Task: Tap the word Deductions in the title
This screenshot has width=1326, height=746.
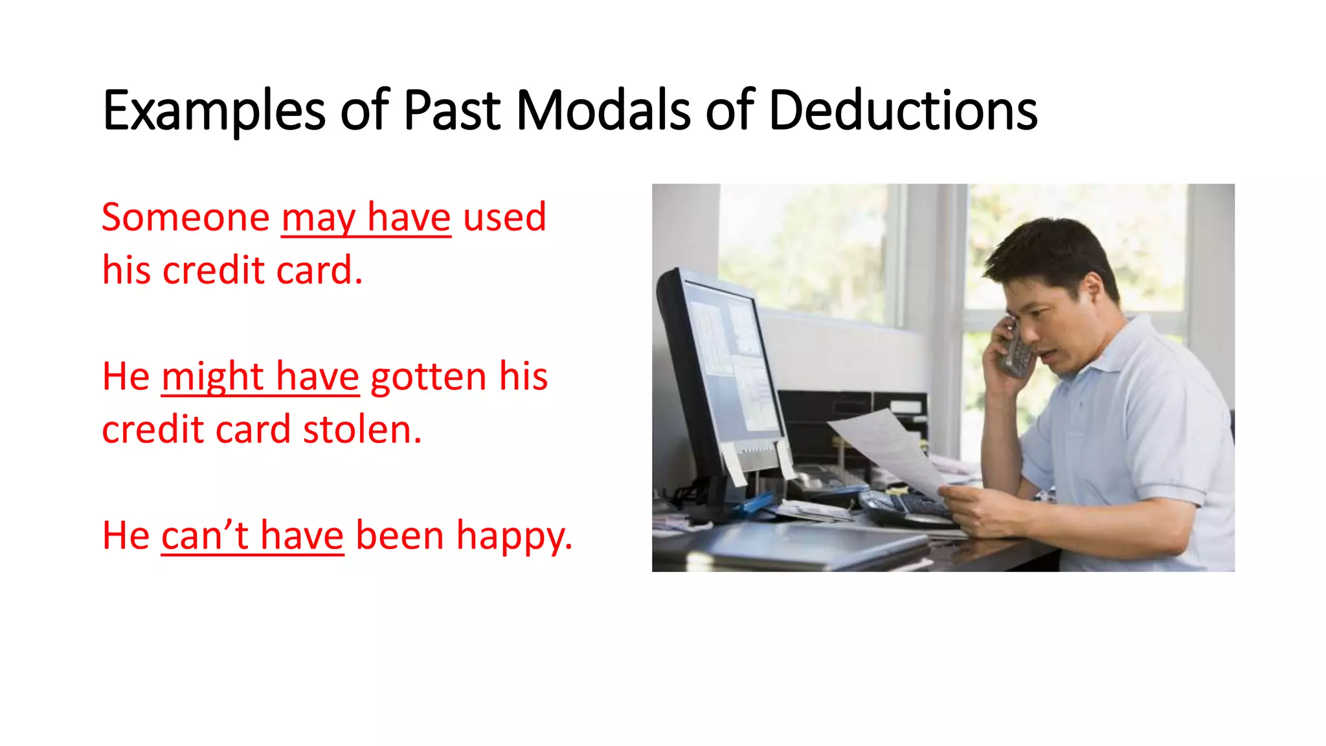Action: click(x=903, y=110)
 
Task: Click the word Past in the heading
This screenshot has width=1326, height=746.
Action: click(x=452, y=110)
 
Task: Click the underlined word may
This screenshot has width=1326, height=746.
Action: click(x=318, y=218)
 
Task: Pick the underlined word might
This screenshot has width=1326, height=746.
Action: click(x=212, y=378)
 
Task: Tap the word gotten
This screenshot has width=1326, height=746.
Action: click(x=428, y=378)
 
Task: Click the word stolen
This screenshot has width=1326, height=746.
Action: click(x=362, y=429)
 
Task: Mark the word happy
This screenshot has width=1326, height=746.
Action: click(x=514, y=537)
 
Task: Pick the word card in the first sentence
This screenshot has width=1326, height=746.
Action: click(x=315, y=270)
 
